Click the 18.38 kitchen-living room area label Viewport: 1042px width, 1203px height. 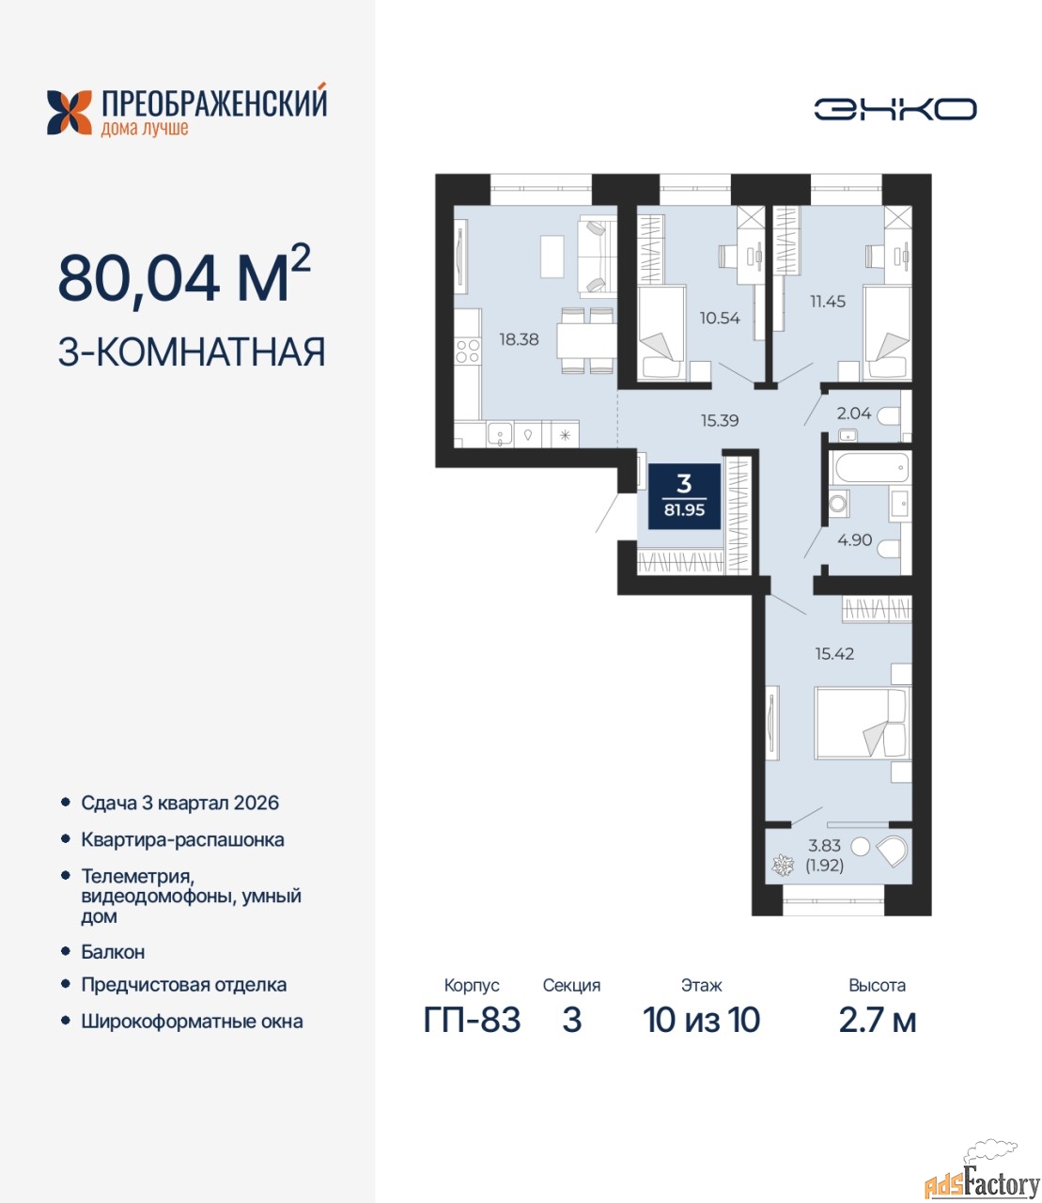tap(519, 338)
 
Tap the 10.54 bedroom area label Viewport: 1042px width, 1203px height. tap(720, 318)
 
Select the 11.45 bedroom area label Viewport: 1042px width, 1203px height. tap(828, 302)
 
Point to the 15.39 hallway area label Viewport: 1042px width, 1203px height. tap(720, 420)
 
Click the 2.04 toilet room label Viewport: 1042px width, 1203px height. tap(854, 414)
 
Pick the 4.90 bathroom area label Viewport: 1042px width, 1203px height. tap(855, 539)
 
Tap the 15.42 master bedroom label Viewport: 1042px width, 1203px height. tap(834, 653)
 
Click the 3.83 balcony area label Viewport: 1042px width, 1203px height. tap(824, 845)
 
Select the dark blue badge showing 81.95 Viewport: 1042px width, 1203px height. tap(684, 496)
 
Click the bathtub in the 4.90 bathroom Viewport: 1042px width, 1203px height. tap(870, 467)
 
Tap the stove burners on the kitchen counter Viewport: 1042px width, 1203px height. tap(468, 351)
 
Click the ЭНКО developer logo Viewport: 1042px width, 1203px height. tap(894, 109)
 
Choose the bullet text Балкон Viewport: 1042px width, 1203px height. tap(113, 951)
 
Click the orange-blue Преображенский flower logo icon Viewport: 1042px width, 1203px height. tap(70, 113)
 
